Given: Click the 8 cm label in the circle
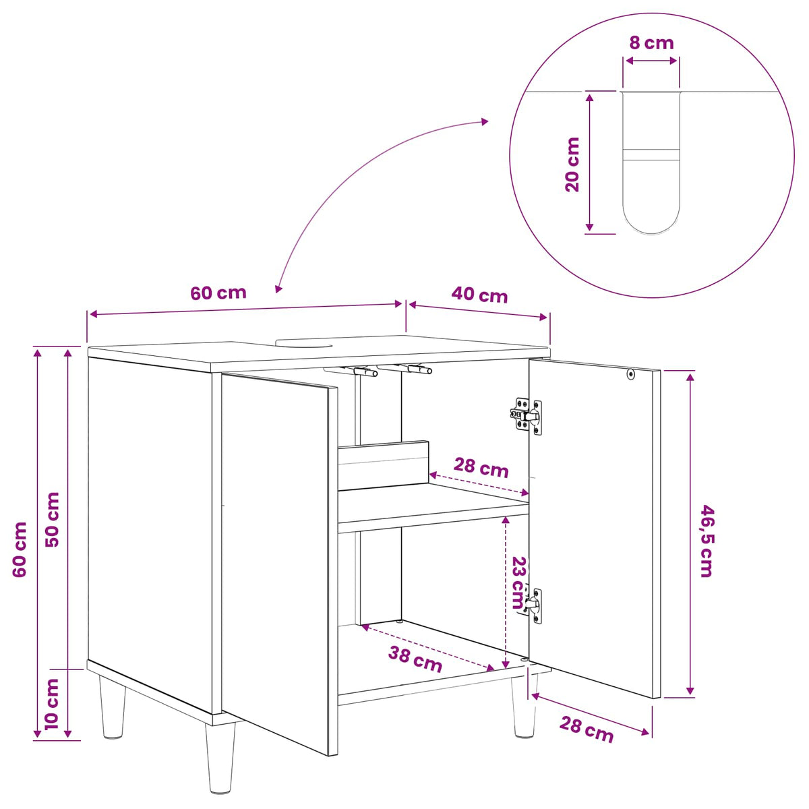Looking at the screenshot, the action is (651, 43).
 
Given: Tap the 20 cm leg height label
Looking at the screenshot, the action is (572, 164).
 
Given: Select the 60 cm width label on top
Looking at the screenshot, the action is (218, 293).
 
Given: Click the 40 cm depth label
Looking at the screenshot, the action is (479, 295).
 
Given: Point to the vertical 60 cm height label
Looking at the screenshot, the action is (20, 549).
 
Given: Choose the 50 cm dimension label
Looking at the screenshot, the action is (52, 519).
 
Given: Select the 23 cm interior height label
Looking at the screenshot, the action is (520, 582).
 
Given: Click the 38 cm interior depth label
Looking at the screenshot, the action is (415, 659).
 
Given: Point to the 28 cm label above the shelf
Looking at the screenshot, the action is (481, 467).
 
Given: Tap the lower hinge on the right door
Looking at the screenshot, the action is (533, 605).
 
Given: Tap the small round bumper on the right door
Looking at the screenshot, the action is (630, 374).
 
